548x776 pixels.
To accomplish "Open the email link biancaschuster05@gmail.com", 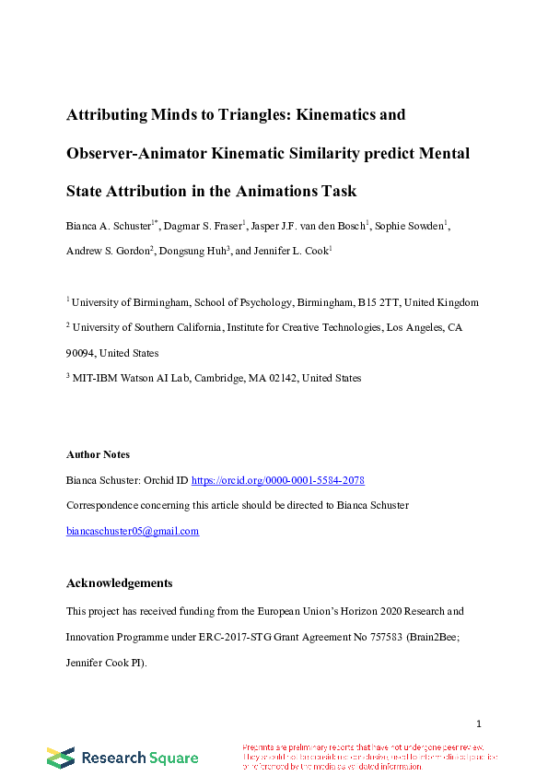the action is click(133, 531).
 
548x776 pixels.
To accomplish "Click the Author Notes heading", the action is click(98, 454).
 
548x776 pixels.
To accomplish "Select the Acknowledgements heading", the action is click(119, 583).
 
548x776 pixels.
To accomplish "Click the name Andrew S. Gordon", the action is click(107, 251).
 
